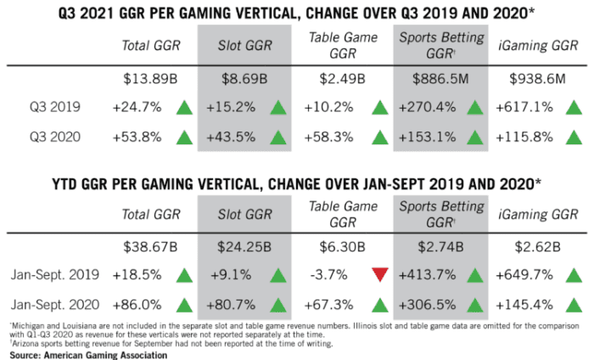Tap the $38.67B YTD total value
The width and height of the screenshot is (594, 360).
point(146,247)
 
